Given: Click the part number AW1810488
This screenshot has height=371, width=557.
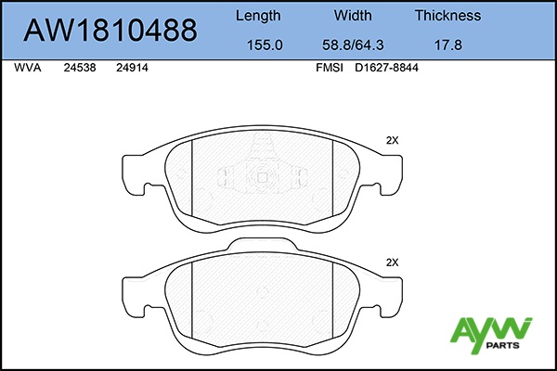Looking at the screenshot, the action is pos(110,30).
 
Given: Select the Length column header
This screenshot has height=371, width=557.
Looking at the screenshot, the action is pos(258,16).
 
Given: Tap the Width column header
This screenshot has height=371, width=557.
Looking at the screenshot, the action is pos(353,15).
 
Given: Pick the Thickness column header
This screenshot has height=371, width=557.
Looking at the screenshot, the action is pos(448,15).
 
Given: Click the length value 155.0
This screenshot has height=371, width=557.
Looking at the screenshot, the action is pos(265,45).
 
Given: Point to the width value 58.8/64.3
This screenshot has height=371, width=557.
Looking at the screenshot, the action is pos(353,45).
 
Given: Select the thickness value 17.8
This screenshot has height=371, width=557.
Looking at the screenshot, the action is pos(448,45).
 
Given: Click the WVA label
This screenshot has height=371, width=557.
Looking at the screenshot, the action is pos(28,68).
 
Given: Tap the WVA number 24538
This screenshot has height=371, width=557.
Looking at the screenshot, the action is pos(80,68).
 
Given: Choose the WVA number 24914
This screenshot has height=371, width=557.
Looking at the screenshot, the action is pos(132,68).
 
